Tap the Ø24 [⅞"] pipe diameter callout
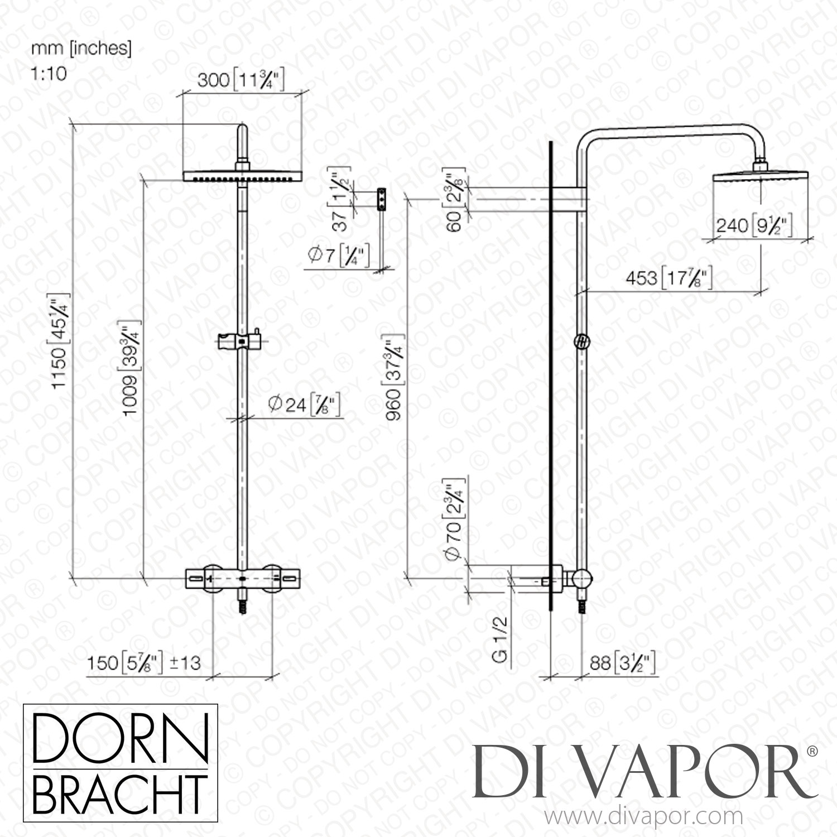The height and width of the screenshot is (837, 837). tap(304, 405)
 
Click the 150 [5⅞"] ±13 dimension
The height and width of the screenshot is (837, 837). tap(144, 663)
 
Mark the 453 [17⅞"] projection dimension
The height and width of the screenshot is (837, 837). tap(668, 278)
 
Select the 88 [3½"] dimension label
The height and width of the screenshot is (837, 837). tap(618, 664)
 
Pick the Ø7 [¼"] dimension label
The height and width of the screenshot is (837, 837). tap(338, 256)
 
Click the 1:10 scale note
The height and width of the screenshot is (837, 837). tap(49, 73)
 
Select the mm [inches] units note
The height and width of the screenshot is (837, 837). tap(81, 49)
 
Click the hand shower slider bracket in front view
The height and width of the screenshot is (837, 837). tap(241, 340)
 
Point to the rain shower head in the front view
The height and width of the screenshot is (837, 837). tap(242, 176)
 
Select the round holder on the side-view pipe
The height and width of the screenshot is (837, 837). tap(581, 342)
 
